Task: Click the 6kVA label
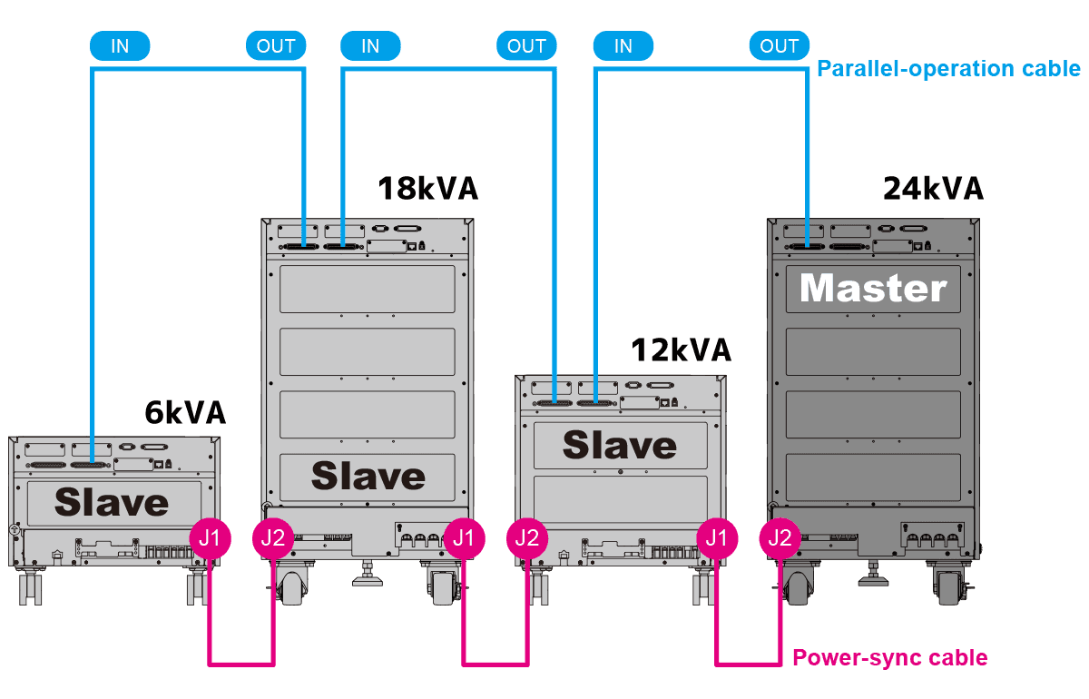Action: pos(185,413)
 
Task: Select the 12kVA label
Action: pos(681,349)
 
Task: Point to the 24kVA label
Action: pos(933,189)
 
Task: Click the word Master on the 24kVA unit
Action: pos(873,289)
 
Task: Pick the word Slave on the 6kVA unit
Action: pos(112,502)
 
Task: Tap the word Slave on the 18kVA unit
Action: pos(368,476)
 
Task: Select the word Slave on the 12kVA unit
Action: pos(620,445)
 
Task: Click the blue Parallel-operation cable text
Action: pos(949,69)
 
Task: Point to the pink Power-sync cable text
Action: pos(889,657)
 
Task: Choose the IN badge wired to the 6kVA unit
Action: pos(120,46)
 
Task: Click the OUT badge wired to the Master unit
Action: pos(780,46)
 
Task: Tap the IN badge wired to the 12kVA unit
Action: pos(623,46)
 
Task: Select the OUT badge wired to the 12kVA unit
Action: pos(526,46)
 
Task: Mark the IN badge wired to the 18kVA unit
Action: pos(370,46)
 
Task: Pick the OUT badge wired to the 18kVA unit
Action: pos(276,46)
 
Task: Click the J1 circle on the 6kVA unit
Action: pos(210,538)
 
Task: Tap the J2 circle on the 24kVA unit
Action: pos(780,538)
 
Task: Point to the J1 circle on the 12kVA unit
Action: pos(716,538)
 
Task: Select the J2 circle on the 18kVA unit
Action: pos(272,538)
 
